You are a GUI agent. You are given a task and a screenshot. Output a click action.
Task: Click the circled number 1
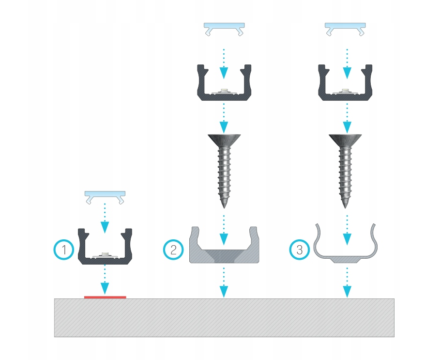[64, 250]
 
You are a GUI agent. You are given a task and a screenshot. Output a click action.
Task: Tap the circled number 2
[173, 250]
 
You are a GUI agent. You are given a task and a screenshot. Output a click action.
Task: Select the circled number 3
[299, 250]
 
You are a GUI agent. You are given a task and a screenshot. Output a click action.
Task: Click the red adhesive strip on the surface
[105, 297]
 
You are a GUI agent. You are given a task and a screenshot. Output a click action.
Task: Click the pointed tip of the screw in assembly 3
[345, 208]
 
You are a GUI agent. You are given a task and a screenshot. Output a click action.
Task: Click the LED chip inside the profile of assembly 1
[105, 254]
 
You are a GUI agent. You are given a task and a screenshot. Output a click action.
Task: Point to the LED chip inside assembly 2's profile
[224, 90]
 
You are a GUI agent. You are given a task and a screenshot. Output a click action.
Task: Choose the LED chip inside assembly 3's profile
[345, 90]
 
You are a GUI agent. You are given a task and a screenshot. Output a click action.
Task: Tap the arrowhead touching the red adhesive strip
[105, 289]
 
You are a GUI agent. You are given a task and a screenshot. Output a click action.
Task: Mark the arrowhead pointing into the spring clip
[347, 239]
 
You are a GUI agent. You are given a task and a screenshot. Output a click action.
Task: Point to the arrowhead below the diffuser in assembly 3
[347, 73]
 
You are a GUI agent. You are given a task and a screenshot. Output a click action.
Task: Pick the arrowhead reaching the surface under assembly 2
[224, 292]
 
